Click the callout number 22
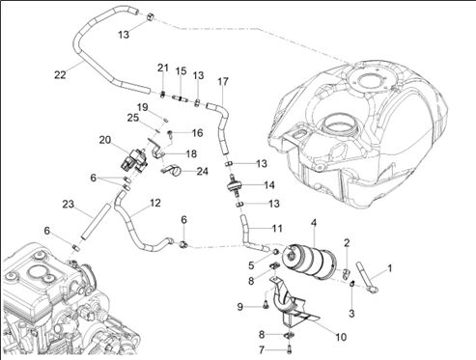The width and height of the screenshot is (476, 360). click(60, 75)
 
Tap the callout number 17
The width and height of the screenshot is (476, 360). click(223, 81)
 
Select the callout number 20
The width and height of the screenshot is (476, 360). click(105, 140)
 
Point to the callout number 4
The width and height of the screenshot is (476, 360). click(314, 222)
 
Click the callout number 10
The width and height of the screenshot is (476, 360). click(341, 337)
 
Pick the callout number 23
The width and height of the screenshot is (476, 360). click(69, 204)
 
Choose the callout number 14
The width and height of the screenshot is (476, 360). click(269, 185)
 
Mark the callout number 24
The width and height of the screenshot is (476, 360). click(202, 171)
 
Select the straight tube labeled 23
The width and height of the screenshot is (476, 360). click(96, 221)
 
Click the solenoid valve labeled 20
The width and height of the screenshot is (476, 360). click(134, 160)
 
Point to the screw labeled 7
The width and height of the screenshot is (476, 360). click(289, 347)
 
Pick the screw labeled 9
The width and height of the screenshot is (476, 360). click(266, 305)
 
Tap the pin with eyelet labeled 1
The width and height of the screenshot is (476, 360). click(366, 278)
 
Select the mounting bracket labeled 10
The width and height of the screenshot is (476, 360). click(290, 302)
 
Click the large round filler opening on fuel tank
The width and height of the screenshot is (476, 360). click(338, 127)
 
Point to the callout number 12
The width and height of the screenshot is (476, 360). click(155, 203)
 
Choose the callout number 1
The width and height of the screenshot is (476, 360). click(389, 268)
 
